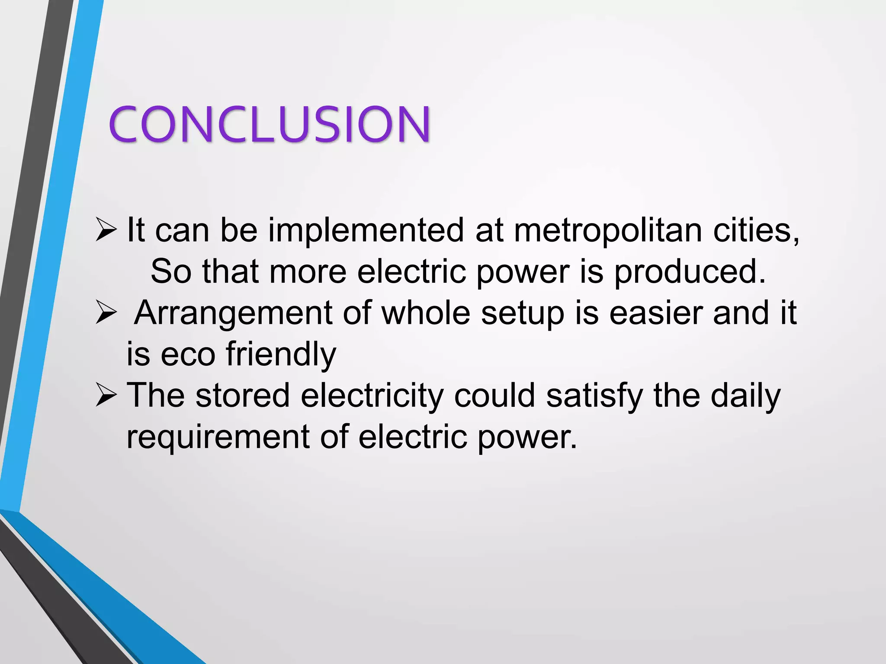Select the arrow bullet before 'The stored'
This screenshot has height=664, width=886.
106,396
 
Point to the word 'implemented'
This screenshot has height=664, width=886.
366,230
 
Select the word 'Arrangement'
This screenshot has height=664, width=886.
233,313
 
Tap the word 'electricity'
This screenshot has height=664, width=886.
372,396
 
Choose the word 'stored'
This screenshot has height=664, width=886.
242,396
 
